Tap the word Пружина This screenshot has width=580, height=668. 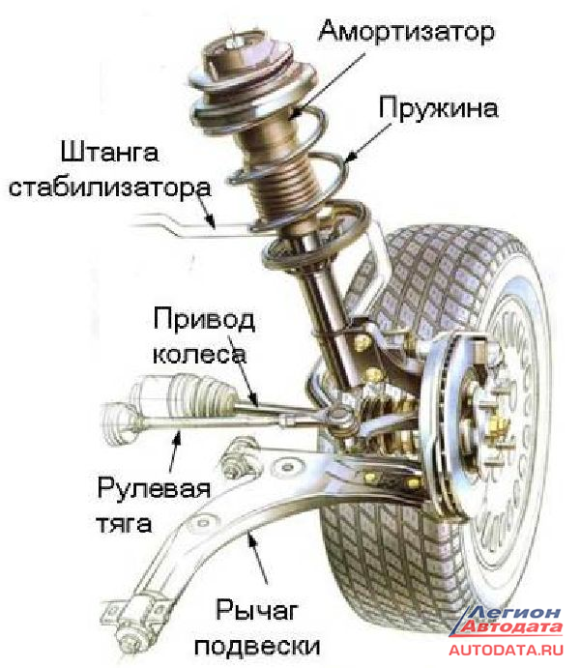[x=438, y=106]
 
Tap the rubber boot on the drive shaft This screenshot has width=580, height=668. [x=175, y=397]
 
